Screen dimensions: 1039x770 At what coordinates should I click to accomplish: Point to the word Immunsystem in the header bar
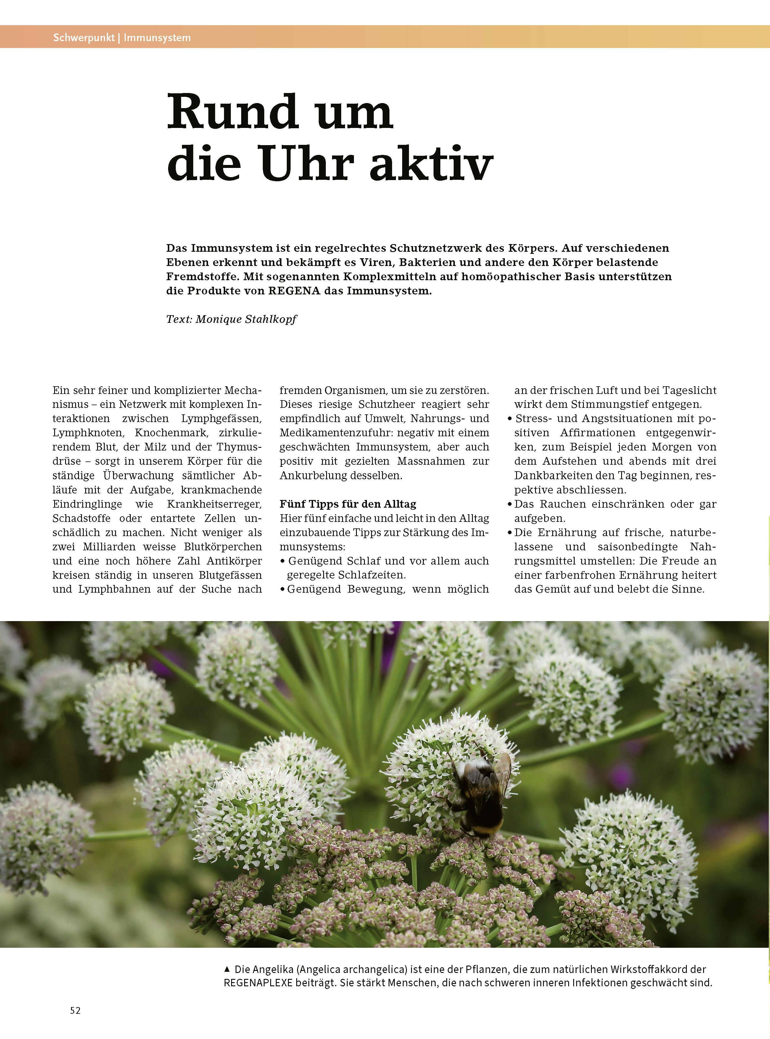157,38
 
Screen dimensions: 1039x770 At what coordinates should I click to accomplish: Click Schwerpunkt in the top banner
84,38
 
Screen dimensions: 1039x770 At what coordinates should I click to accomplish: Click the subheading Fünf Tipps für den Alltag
348,504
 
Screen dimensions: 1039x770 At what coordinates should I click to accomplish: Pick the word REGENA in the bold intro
294,291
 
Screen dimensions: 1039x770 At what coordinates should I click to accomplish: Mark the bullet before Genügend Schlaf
282,561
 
